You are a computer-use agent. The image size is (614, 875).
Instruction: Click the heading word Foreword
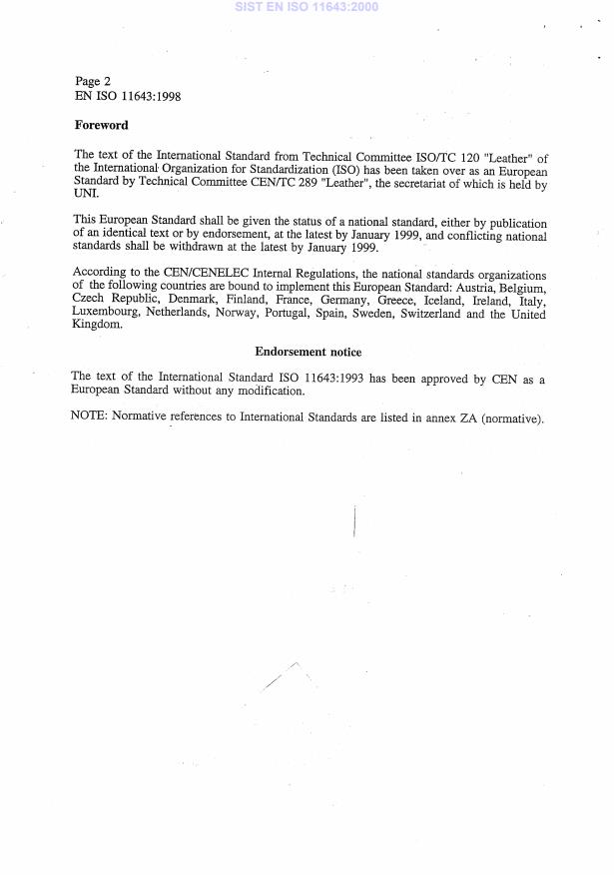click(x=101, y=126)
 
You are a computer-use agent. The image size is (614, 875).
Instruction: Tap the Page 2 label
click(x=93, y=81)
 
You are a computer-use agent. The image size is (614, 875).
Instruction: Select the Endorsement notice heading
click(x=307, y=352)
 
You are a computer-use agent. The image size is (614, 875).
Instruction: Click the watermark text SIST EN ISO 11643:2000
click(x=307, y=7)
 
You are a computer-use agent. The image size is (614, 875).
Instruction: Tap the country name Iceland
click(x=430, y=301)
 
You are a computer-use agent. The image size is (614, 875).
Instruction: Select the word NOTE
click(x=89, y=417)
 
